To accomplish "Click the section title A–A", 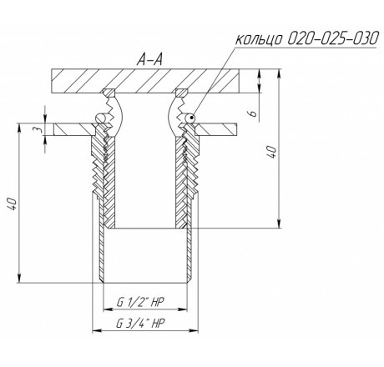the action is (x=149, y=60).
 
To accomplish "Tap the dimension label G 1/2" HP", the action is (x=140, y=302).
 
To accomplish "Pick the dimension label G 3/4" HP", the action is (x=140, y=323).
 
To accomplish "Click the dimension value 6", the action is (x=253, y=113).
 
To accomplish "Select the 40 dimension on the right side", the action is (x=272, y=152).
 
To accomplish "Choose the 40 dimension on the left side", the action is (x=12, y=204).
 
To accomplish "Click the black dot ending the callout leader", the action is (x=191, y=118).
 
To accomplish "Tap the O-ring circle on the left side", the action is (x=100, y=118).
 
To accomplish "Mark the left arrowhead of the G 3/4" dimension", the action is (x=97, y=330).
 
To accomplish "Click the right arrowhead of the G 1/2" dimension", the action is (x=183, y=309).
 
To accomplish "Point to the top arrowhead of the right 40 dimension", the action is (x=279, y=73).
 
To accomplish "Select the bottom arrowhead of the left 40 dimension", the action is (x=19, y=279).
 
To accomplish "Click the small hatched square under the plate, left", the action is (x=109, y=93).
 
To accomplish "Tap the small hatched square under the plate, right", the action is (x=182, y=93).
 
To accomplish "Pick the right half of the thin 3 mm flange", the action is (x=216, y=129).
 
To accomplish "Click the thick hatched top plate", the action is (x=145, y=81).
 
